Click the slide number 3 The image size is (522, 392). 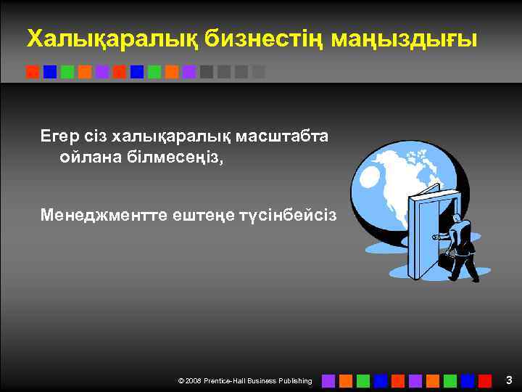point(508,380)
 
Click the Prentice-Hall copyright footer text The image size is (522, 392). point(244,381)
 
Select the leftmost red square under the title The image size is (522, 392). point(33,72)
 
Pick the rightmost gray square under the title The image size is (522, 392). point(259,72)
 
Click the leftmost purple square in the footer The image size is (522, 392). point(328,380)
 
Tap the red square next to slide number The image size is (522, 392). point(484,380)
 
